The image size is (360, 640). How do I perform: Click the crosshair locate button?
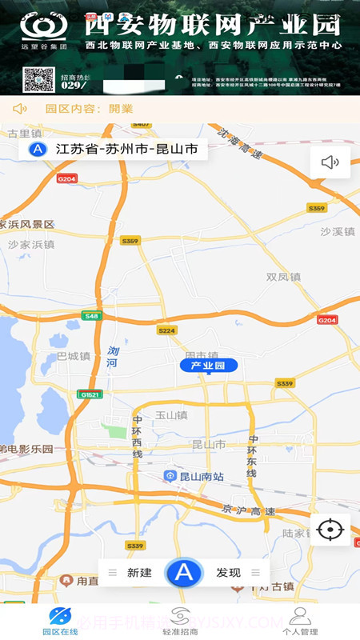[330, 530]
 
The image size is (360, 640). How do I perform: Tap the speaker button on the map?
[330, 162]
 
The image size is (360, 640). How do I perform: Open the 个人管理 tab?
[300, 621]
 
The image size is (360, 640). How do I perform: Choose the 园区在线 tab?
[60, 621]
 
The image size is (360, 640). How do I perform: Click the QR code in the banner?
[38, 80]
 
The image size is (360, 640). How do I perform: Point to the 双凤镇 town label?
[283, 277]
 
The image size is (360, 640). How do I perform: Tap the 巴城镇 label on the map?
[74, 356]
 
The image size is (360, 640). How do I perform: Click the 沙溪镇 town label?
[337, 231]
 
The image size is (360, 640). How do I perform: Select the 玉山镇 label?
[170, 415]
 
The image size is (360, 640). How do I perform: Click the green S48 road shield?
[92, 316]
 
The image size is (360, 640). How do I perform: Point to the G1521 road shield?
[89, 394]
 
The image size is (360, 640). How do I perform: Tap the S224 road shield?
[166, 330]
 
